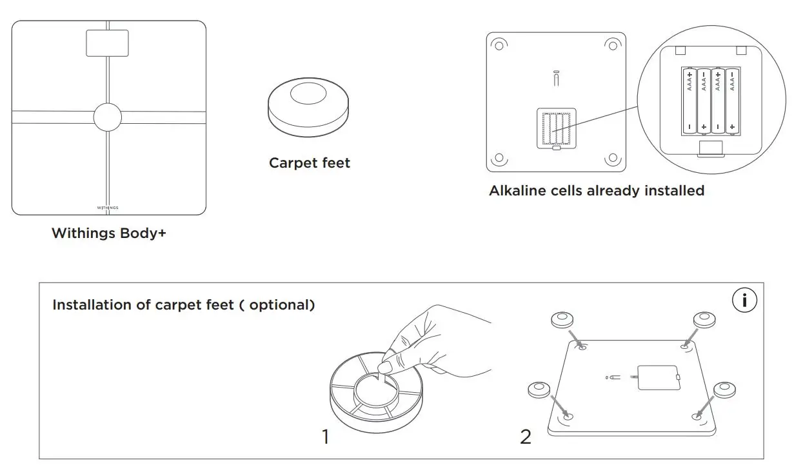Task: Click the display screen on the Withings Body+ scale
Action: pyautogui.click(x=107, y=43)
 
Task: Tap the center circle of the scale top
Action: pyautogui.click(x=107, y=117)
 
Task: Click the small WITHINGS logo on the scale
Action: pyautogui.click(x=108, y=208)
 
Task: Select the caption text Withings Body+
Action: pyautogui.click(x=108, y=233)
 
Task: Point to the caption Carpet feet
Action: pyautogui.click(x=309, y=163)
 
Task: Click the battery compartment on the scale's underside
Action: pyautogui.click(x=556, y=128)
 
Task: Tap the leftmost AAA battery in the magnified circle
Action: pyautogui.click(x=689, y=101)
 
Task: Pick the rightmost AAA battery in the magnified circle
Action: pyautogui.click(x=733, y=101)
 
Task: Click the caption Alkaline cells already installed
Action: pyautogui.click(x=596, y=191)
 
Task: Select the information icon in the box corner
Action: pyautogui.click(x=745, y=301)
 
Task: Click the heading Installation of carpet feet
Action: pyautogui.click(x=143, y=305)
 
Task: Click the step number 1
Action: pyautogui.click(x=326, y=437)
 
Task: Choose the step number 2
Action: pyautogui.click(x=526, y=437)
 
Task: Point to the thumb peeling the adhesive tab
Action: pyautogui.click(x=386, y=368)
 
